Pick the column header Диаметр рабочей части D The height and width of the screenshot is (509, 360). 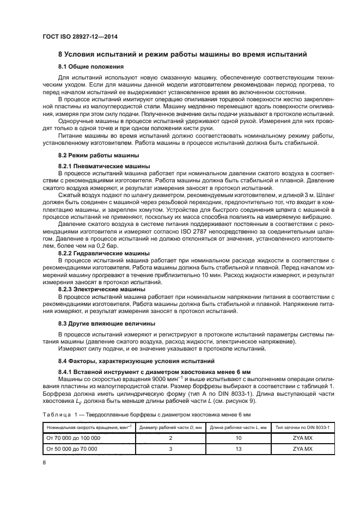(170, 428)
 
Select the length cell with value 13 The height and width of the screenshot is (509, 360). (237, 449)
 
